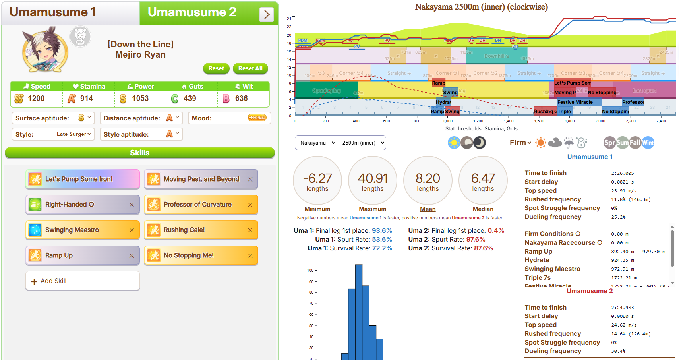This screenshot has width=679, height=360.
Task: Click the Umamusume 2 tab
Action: coord(192,13)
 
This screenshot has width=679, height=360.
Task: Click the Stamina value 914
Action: coord(86,99)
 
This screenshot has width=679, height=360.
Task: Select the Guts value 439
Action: coord(190,99)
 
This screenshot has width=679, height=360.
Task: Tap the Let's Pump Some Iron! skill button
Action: coord(83,179)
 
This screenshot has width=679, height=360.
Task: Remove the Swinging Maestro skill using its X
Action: coord(132,230)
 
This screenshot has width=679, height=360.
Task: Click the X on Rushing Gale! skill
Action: coord(250,230)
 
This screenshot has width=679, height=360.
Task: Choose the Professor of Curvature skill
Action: coord(197,205)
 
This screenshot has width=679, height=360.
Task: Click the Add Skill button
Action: coord(83,281)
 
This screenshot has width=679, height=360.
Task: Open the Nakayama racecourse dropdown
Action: coord(316,143)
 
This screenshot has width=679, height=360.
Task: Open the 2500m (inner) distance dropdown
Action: coord(362,143)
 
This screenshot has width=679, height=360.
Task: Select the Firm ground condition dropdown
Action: coord(520,143)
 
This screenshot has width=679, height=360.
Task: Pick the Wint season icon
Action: coord(648,143)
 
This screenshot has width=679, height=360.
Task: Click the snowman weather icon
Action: coord(582,143)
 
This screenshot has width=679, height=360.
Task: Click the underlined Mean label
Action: coord(428,209)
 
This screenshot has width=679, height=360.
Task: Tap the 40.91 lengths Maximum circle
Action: coord(372,180)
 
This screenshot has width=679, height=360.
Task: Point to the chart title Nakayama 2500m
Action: coord(481,7)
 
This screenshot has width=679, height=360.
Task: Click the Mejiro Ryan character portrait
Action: coord(45,50)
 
